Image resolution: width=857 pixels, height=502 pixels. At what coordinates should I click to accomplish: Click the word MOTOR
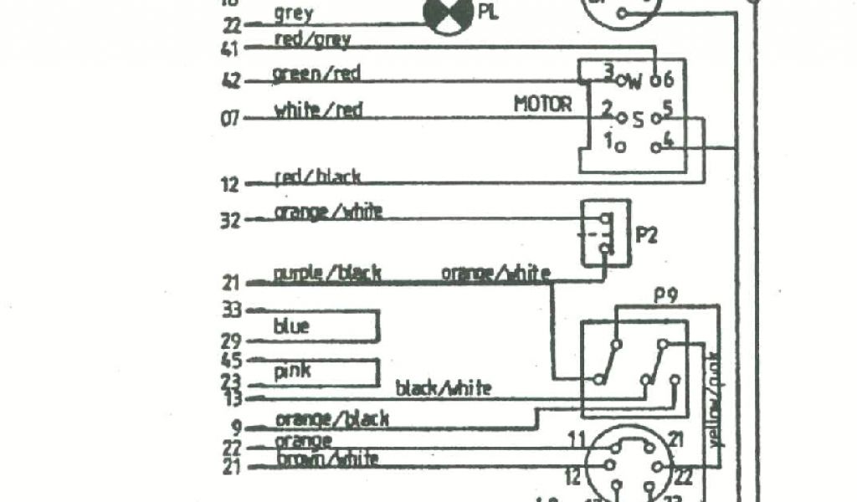pyautogui.click(x=542, y=105)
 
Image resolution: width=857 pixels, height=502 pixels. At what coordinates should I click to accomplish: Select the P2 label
pyautogui.click(x=647, y=234)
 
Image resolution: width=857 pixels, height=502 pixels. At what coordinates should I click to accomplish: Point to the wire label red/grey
pyautogui.click(x=311, y=38)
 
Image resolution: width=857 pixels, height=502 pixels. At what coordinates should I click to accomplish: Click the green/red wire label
pyautogui.click(x=316, y=74)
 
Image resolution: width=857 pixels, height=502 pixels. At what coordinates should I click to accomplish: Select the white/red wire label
pyautogui.click(x=318, y=110)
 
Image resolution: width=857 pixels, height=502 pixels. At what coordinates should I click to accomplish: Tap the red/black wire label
pyautogui.click(x=318, y=176)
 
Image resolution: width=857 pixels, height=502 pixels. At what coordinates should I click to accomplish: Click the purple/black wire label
pyautogui.click(x=327, y=273)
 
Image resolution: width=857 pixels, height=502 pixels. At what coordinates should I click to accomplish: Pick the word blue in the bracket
pyautogui.click(x=291, y=326)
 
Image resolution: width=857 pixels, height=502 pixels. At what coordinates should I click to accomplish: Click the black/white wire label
pyautogui.click(x=443, y=387)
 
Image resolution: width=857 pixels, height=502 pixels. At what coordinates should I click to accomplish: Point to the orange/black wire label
pyautogui.click(x=331, y=418)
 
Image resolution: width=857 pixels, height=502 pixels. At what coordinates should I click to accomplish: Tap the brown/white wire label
pyautogui.click(x=326, y=458)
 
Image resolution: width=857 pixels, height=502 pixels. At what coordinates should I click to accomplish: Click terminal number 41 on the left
pyautogui.click(x=229, y=49)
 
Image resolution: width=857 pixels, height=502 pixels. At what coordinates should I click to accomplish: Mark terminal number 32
pyautogui.click(x=229, y=222)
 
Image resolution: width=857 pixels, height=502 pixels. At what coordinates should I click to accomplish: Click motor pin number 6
pyautogui.click(x=668, y=79)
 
